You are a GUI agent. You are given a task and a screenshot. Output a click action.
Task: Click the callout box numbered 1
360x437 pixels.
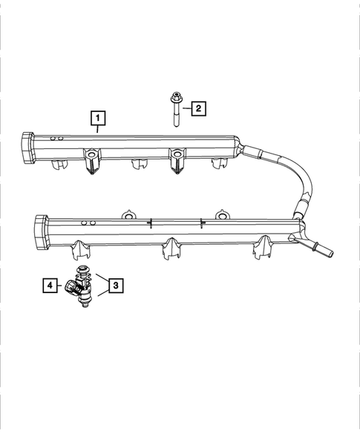coord(97,117)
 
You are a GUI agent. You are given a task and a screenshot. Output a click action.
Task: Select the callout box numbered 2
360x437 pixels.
coord(197,108)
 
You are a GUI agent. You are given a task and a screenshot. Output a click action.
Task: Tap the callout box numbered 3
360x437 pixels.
coord(114,284)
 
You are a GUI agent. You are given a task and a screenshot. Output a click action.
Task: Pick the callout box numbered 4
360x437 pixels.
coord(49,284)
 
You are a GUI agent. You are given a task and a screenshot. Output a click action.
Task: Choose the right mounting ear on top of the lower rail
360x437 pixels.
coord(221,214)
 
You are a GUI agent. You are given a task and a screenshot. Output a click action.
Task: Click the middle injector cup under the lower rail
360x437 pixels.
coord(171,250)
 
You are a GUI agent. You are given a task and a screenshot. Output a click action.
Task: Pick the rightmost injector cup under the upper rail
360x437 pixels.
coord(219,165)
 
